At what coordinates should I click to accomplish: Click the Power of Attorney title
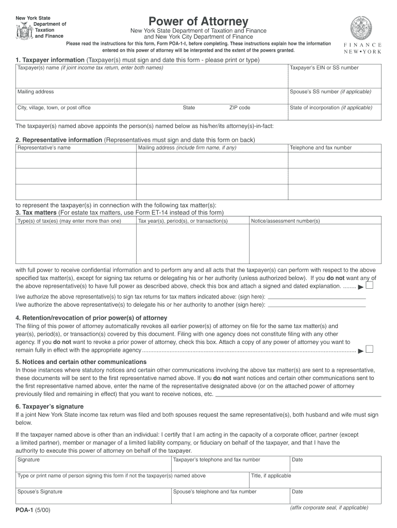coord(198,22)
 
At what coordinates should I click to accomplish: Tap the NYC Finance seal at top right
coord(360,27)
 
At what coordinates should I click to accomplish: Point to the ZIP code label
coord(240,108)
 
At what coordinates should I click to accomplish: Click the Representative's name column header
coord(44,147)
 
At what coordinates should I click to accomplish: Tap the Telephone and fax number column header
coord(321,147)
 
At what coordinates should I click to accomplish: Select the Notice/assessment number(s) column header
coord(285,221)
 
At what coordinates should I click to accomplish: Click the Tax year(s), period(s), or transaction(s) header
coord(183,221)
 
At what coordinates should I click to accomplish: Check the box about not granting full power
coord(369,286)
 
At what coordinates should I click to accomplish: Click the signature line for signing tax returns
coord(317,298)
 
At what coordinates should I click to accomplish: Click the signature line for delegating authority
coord(317,305)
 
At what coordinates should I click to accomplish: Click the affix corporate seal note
coord(329,507)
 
